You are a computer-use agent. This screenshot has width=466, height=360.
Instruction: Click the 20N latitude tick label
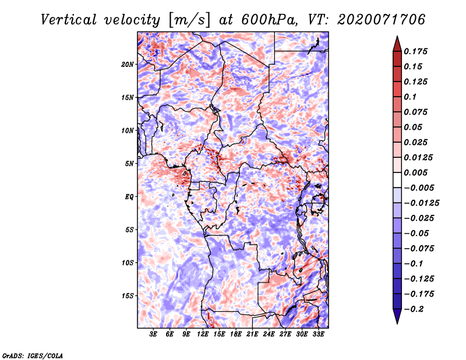128,65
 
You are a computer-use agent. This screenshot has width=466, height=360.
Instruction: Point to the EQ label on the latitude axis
129,197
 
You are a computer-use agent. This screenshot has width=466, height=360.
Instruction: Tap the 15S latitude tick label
128,296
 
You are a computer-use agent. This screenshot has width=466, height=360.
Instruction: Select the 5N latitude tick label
129,164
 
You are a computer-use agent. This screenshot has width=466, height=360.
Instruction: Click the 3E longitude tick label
153,334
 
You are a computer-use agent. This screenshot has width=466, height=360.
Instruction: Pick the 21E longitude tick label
252,334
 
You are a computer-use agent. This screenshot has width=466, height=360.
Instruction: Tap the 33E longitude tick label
318,334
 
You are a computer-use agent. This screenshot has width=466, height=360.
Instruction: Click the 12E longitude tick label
203,334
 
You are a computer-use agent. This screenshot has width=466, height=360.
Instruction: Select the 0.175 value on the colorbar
415,51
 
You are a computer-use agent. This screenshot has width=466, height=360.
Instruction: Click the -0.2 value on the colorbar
414,309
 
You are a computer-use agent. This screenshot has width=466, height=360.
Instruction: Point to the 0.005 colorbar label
415,172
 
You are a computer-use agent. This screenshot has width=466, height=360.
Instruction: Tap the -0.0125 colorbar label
421,203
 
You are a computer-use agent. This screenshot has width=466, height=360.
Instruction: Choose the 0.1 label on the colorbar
410,97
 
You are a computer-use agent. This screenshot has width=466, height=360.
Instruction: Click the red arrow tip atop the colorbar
397,37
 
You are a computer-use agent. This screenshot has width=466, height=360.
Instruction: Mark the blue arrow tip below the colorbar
397,323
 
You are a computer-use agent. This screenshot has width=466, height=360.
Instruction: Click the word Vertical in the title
68,20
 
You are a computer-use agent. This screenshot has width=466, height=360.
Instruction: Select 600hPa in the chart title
270,20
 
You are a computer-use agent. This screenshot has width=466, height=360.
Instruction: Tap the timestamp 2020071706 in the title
382,20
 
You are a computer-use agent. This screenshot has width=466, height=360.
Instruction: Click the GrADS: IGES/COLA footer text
33,355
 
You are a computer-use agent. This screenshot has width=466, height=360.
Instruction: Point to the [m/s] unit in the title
189,20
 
